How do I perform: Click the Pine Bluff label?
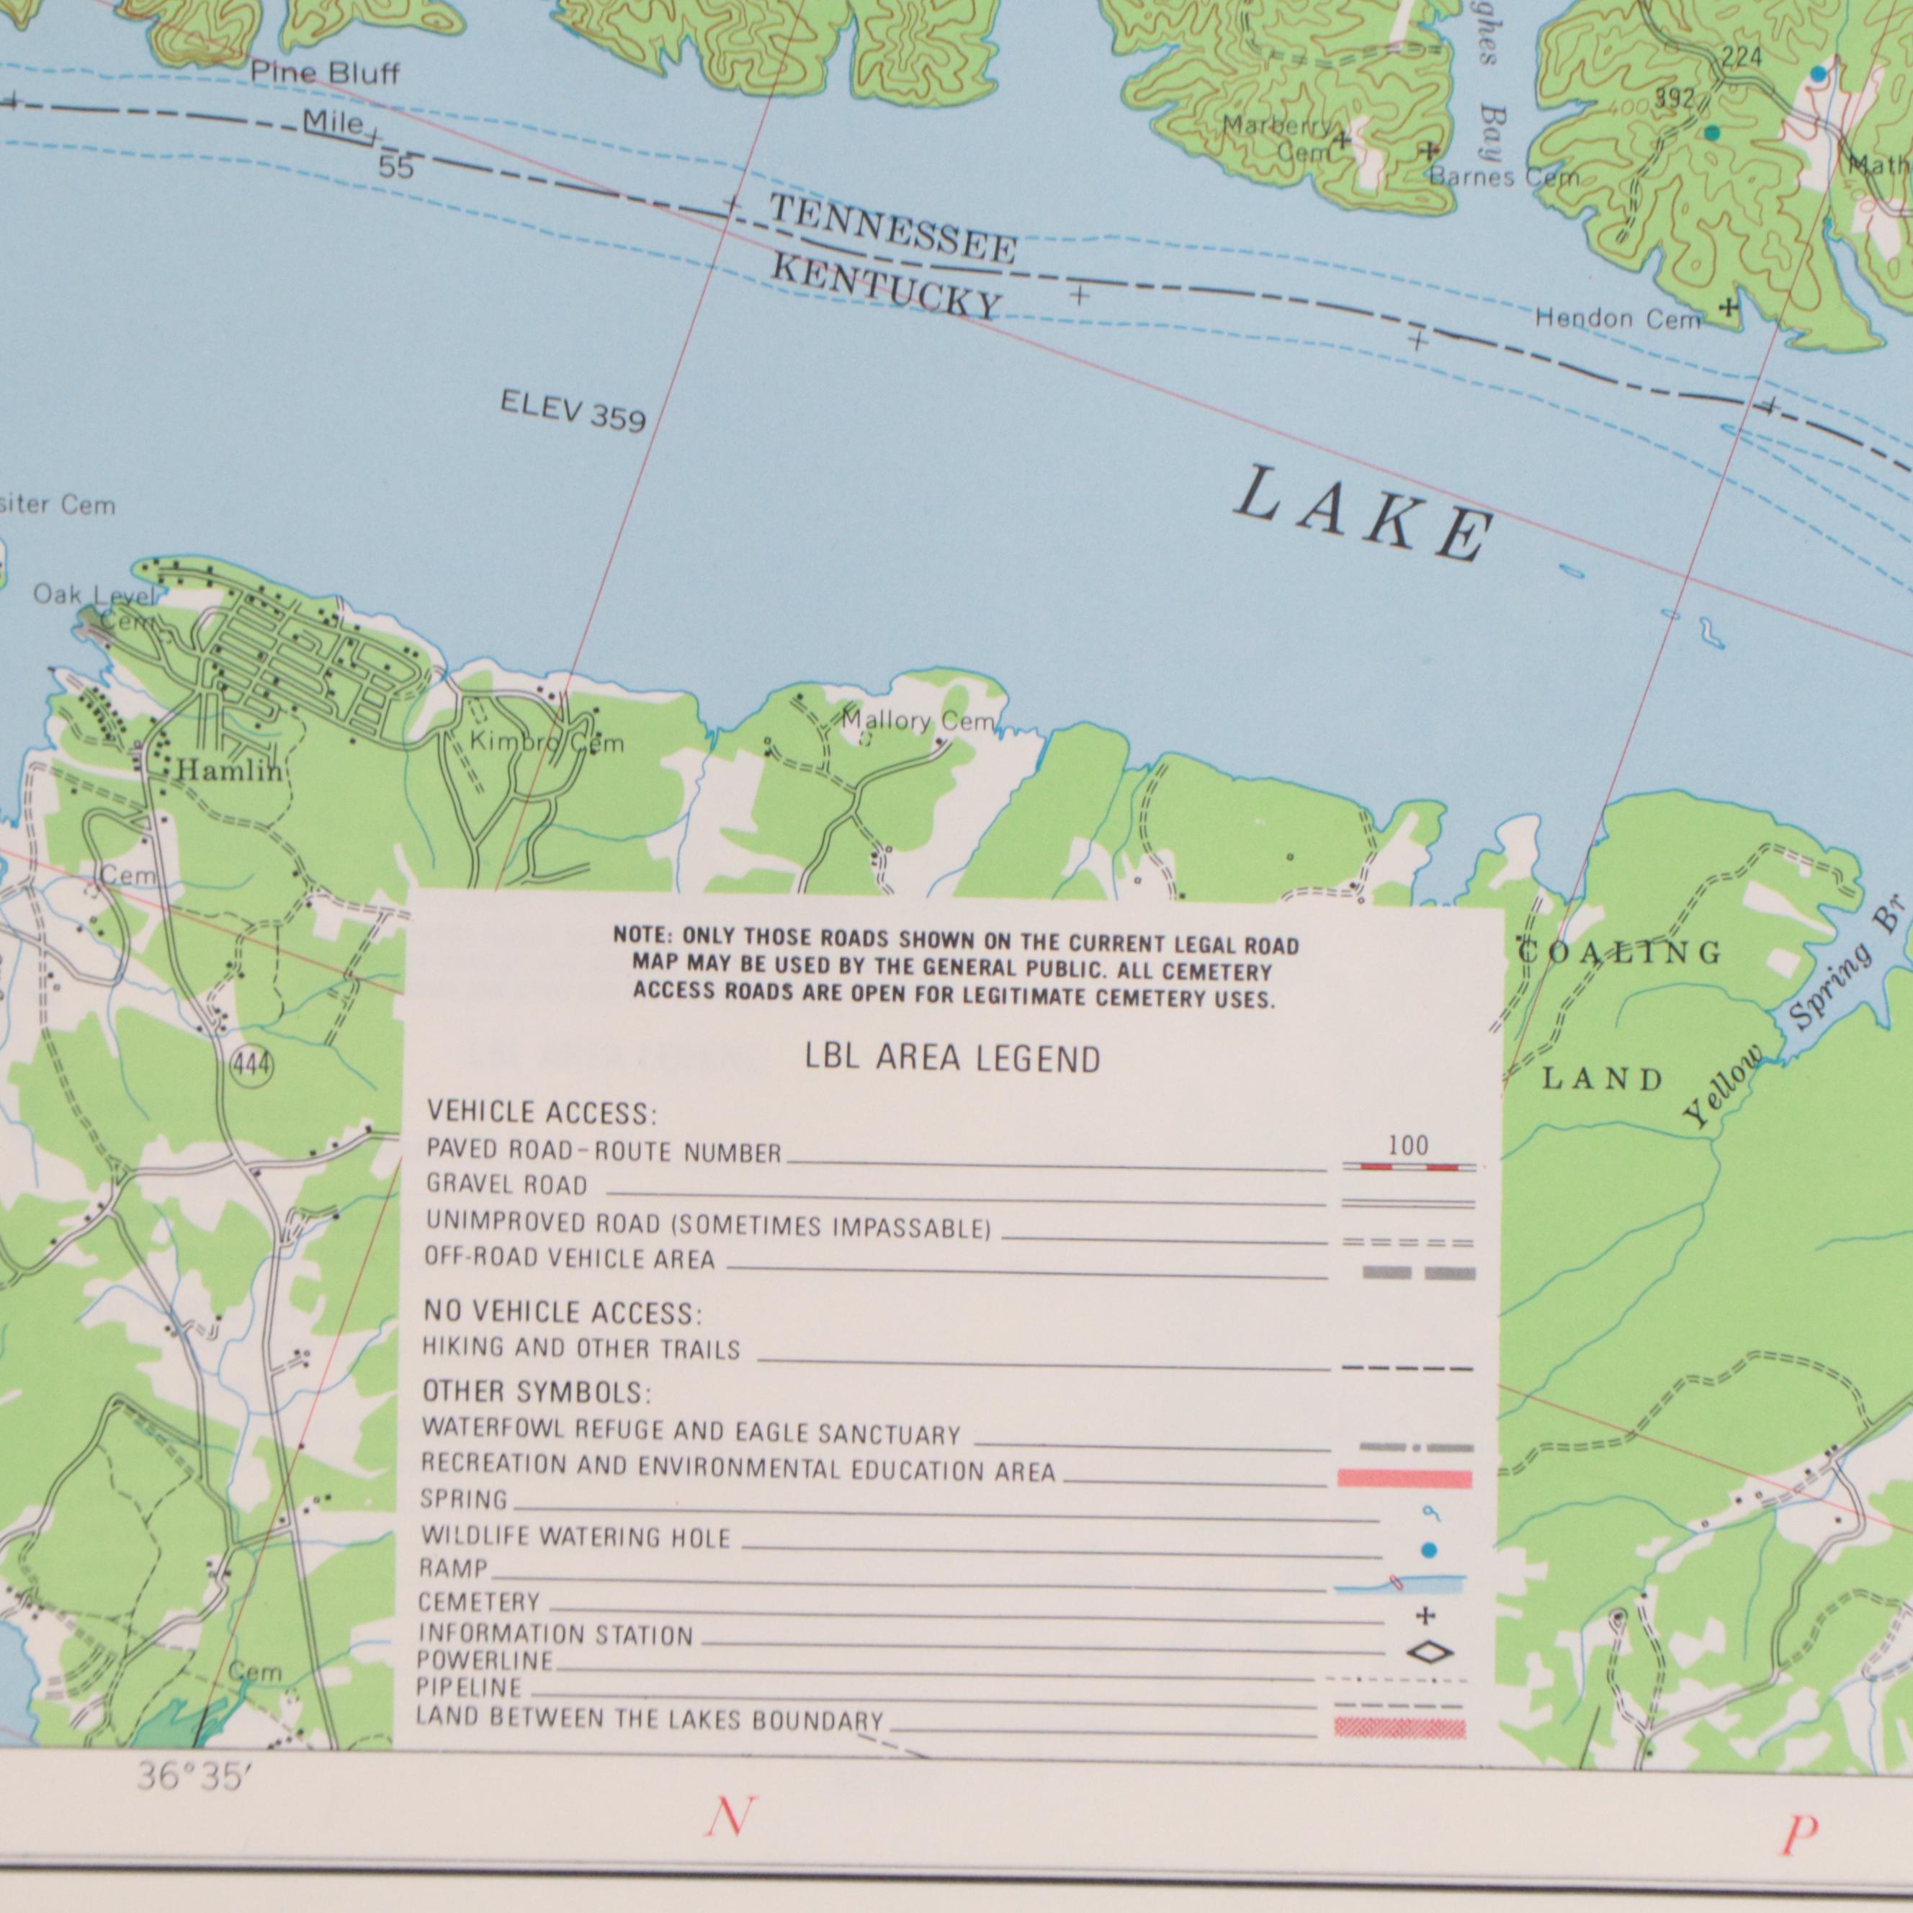[325, 73]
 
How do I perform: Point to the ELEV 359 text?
[573, 410]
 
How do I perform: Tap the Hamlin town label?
[230, 771]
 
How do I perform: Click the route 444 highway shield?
[251, 1065]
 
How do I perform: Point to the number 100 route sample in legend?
[1408, 1147]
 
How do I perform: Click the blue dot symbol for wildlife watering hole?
[1427, 1549]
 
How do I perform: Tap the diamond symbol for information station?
[1430, 1652]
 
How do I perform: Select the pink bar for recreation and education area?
[1404, 1479]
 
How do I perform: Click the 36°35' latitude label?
[190, 1778]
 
